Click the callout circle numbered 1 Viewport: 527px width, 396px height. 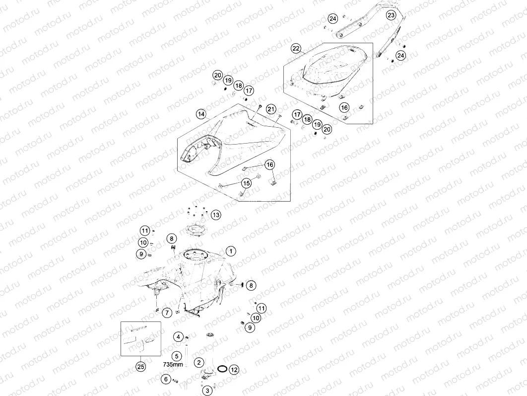[231, 251]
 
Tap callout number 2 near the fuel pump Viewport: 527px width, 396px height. [199, 362]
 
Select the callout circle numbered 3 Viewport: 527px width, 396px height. [207, 390]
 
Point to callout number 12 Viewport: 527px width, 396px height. [234, 370]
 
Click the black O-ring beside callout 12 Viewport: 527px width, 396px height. [222, 369]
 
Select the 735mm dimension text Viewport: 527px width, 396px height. [173, 364]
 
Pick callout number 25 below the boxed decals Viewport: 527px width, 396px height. [141, 366]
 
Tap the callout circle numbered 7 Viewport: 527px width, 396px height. [167, 313]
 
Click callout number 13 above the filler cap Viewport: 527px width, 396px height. [216, 215]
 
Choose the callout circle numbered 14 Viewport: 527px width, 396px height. [201, 114]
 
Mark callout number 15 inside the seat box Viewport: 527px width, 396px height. [246, 183]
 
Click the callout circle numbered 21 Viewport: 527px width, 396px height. [271, 109]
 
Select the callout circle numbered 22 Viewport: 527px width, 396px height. [296, 49]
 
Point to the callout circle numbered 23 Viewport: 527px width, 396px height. [391, 15]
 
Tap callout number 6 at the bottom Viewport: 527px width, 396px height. [166, 379]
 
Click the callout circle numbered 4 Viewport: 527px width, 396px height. [179, 336]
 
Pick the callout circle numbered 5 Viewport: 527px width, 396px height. [177, 356]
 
